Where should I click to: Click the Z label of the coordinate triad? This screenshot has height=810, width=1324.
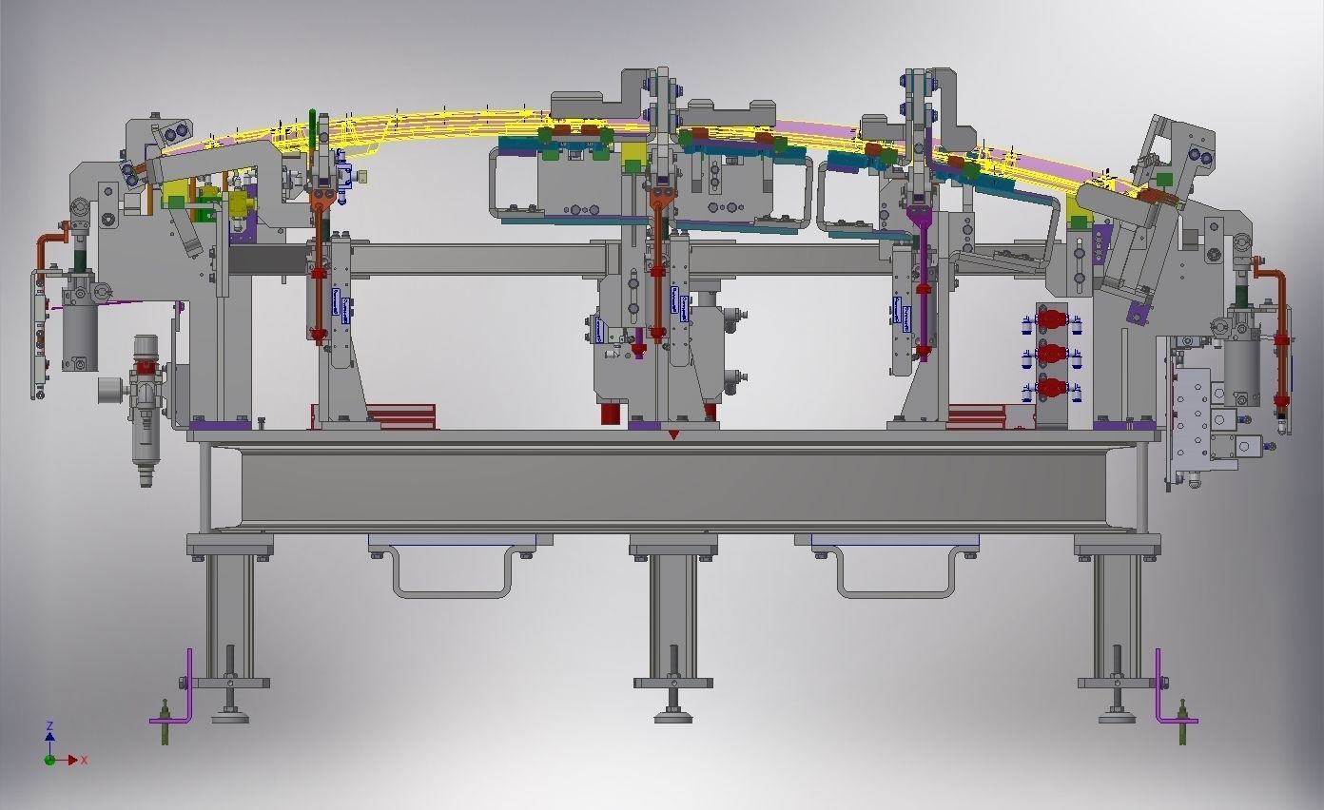pyautogui.click(x=49, y=725)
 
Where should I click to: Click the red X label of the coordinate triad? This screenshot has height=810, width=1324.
pyautogui.click(x=85, y=761)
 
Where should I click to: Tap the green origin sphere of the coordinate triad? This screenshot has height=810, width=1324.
pyautogui.click(x=49, y=760)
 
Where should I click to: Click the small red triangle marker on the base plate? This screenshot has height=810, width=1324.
pyautogui.click(x=673, y=435)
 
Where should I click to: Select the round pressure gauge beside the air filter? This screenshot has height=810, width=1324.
pyautogui.click(x=111, y=390)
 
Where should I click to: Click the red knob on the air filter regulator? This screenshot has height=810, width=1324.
pyautogui.click(x=145, y=367)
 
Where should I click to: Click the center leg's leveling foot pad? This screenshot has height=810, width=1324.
pyautogui.click(x=673, y=716)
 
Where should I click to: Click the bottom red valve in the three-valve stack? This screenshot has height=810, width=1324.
pyautogui.click(x=1051, y=388)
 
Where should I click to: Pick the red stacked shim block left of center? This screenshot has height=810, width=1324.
pyautogui.click(x=399, y=415)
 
